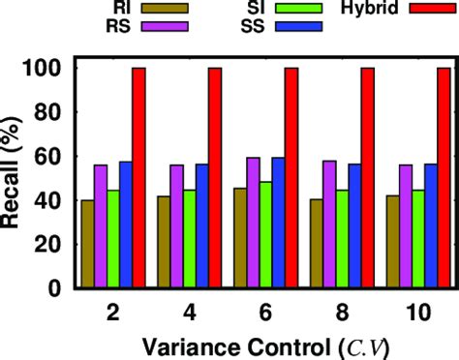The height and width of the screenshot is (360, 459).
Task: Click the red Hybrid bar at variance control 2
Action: pos(138,178)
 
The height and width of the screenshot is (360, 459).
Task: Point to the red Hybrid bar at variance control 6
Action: pos(291,178)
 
